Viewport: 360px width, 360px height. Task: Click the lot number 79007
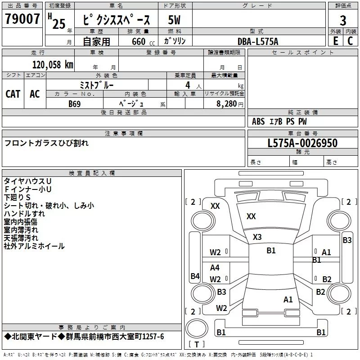point(22,18)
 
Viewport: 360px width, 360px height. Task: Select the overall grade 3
point(343,20)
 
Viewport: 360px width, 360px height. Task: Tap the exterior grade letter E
point(336,41)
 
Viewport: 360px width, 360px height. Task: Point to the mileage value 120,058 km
point(53,65)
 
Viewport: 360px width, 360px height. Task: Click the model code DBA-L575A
point(258,41)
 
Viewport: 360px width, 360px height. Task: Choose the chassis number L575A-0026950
point(302,143)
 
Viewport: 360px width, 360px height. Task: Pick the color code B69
point(75,104)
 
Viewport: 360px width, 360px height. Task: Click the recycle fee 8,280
point(227,104)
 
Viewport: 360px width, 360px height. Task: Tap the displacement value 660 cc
point(143,42)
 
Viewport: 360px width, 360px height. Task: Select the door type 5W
point(174,20)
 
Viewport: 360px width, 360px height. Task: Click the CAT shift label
point(13,94)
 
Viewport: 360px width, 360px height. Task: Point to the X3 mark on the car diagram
point(257,237)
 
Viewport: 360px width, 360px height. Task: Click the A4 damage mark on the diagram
point(215,267)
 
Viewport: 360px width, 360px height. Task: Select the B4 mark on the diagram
point(195,276)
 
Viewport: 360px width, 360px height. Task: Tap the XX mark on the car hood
point(251,216)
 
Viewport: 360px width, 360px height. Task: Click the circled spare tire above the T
point(197,328)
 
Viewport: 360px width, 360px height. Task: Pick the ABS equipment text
point(258,121)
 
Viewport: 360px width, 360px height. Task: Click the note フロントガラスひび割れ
point(46,143)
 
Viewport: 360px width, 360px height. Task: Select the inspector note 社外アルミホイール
point(34,246)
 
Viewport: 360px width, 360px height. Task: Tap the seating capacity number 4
point(188,85)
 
